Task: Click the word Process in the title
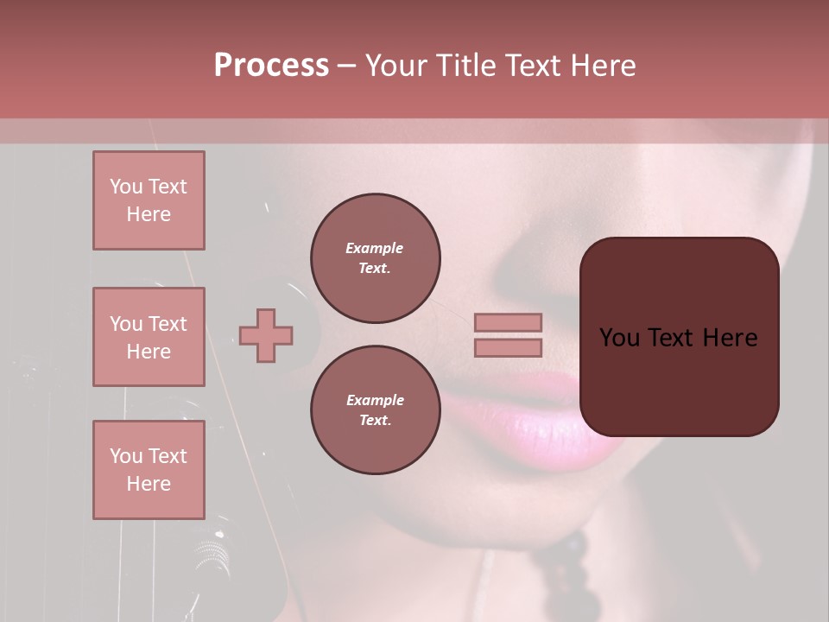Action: click(x=271, y=66)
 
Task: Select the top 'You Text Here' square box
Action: click(x=149, y=200)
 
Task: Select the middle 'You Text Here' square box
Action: click(x=149, y=337)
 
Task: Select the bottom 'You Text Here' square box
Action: click(x=149, y=470)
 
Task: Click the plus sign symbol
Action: click(x=266, y=335)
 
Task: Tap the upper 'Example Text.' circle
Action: click(x=376, y=257)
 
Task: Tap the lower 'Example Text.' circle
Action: click(x=376, y=409)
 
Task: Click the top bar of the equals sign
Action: click(x=508, y=322)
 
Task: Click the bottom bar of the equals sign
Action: click(x=508, y=347)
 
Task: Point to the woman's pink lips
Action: click(x=527, y=415)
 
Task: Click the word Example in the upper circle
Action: click(x=375, y=248)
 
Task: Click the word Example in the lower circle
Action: click(x=375, y=400)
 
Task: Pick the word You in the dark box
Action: click(x=618, y=338)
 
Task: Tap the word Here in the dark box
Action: click(x=729, y=338)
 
